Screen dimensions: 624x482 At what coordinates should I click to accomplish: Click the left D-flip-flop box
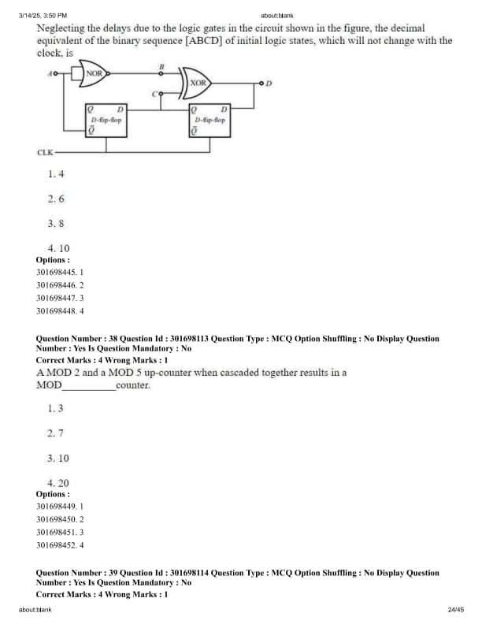[106, 120]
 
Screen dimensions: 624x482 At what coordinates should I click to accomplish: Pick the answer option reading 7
[55, 433]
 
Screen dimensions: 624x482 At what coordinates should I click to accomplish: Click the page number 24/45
[455, 609]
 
